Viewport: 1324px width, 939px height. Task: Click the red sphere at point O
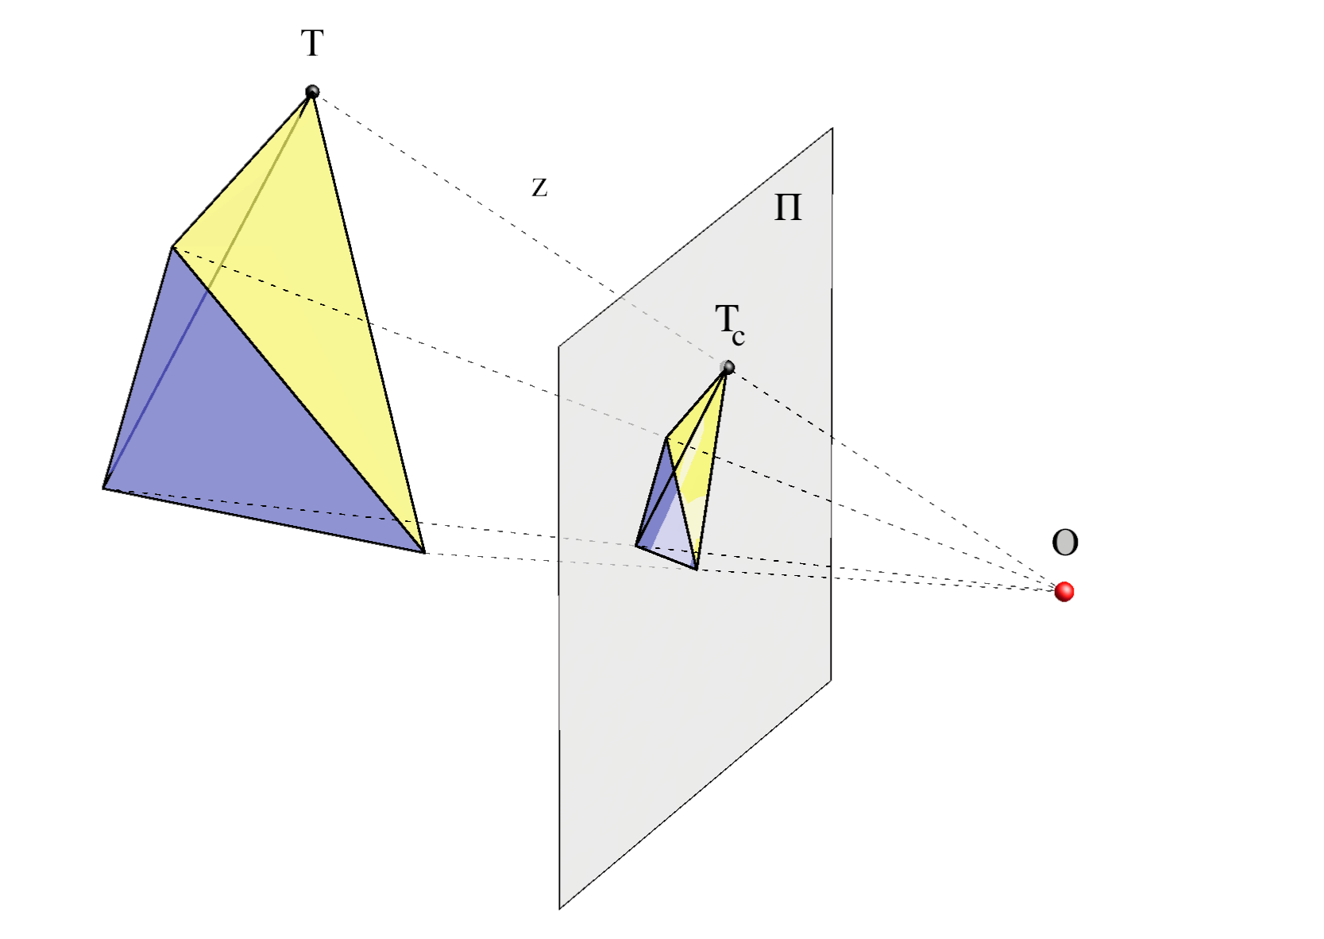click(x=1064, y=591)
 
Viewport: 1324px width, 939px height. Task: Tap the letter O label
click(x=1065, y=542)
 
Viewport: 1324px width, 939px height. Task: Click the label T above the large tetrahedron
click(x=312, y=43)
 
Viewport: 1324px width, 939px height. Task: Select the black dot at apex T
click(x=312, y=91)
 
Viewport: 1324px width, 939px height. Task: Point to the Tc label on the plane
click(x=730, y=325)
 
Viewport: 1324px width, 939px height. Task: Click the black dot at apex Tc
click(x=728, y=367)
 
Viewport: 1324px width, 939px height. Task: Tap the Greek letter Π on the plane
click(x=788, y=207)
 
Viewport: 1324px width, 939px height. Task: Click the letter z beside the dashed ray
click(x=539, y=187)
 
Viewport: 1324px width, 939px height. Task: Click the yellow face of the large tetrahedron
click(x=307, y=284)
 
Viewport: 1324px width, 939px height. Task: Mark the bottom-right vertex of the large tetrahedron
click(x=424, y=553)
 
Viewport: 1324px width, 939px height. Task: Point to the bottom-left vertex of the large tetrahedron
click(x=103, y=489)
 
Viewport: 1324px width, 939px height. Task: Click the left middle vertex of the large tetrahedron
click(x=172, y=247)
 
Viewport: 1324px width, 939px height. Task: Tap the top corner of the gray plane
click(x=832, y=129)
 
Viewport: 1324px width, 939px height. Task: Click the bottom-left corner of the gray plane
click(x=560, y=908)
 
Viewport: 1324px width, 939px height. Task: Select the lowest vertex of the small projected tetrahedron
click(x=697, y=570)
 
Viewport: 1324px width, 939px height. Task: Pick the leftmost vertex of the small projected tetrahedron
click(x=636, y=546)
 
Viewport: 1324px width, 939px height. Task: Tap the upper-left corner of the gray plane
click(x=559, y=346)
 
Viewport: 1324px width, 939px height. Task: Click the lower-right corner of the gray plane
click(x=831, y=680)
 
